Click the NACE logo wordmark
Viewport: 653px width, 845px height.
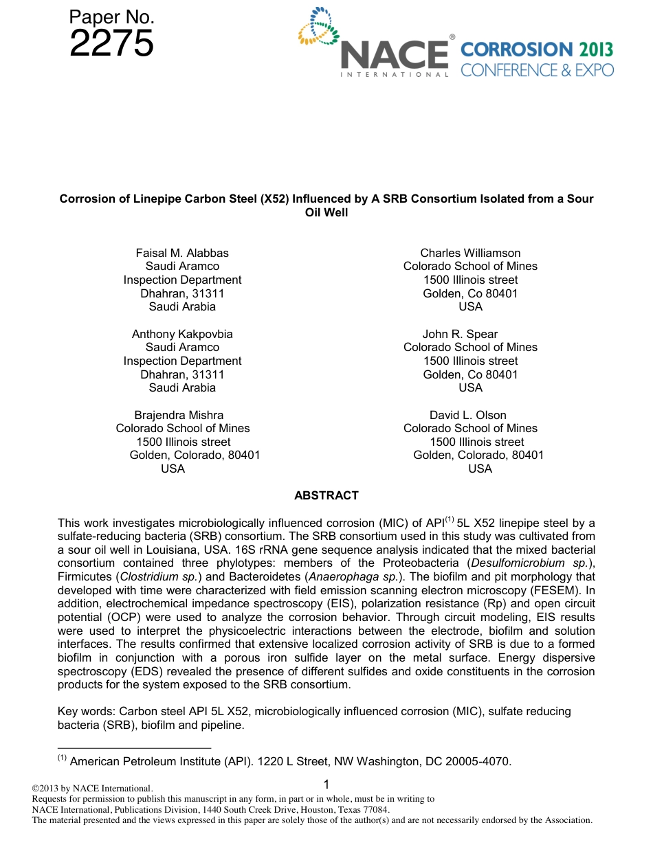(x=395, y=55)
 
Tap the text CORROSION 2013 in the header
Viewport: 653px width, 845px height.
(x=536, y=49)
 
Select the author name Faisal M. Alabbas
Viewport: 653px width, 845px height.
(x=182, y=253)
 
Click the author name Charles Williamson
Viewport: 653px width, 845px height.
(x=470, y=253)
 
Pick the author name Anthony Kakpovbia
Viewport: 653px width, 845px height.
(x=182, y=334)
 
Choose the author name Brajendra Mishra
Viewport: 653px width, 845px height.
(x=179, y=415)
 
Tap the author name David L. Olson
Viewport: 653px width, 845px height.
(x=467, y=415)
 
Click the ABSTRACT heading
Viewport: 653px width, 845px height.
(x=326, y=495)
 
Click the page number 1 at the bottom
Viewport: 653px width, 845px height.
(x=326, y=785)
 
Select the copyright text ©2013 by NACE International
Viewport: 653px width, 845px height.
(x=93, y=789)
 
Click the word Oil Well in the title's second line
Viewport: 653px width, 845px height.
(x=326, y=212)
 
